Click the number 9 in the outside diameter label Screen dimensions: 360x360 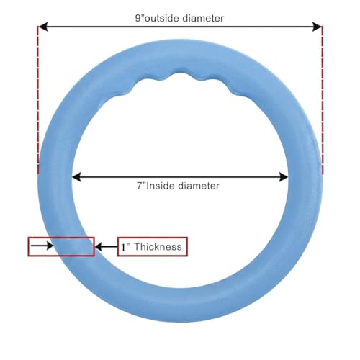(x=138, y=18)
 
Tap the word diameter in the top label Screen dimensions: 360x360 (x=203, y=18)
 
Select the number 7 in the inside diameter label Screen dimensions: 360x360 (x=140, y=186)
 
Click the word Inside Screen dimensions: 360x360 (x=161, y=186)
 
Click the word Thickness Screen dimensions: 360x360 (x=158, y=247)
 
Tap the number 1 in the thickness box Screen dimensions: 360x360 (x=124, y=247)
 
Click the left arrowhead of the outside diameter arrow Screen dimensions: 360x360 (x=42, y=27)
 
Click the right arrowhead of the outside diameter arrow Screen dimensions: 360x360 (x=317, y=27)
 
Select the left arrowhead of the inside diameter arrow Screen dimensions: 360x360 (x=76, y=177)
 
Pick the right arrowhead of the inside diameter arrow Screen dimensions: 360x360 (x=284, y=177)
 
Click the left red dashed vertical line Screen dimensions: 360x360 (x=37, y=99)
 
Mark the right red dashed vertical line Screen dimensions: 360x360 (x=322, y=99)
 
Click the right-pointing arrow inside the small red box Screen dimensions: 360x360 (x=42, y=246)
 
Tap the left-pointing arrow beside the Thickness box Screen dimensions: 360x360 (x=107, y=247)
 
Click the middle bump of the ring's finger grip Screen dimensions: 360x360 (x=182, y=73)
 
